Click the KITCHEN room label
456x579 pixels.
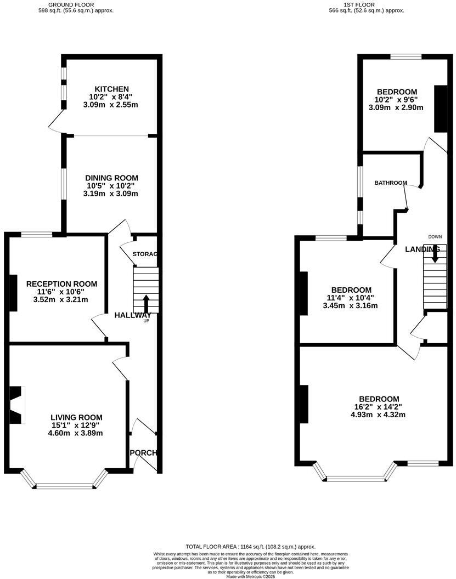[x=111, y=89]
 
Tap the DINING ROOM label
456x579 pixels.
[x=111, y=178]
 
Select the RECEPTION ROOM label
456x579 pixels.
[x=61, y=283]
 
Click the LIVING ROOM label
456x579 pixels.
[x=76, y=417]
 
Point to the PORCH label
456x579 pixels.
[x=144, y=453]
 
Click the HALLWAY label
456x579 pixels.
[x=132, y=315]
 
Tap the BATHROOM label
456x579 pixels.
[x=391, y=183]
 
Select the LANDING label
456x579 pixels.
[x=422, y=249]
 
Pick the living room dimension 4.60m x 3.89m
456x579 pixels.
[x=76, y=433]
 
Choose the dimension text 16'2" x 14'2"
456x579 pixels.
[x=379, y=407]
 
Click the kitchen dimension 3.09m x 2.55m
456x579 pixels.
[x=111, y=105]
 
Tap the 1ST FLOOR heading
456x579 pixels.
[x=358, y=4]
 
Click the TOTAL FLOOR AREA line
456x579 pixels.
[x=250, y=547]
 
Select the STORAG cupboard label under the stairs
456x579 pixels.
[x=145, y=254]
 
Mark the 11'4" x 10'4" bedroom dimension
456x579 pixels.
[x=351, y=298]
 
